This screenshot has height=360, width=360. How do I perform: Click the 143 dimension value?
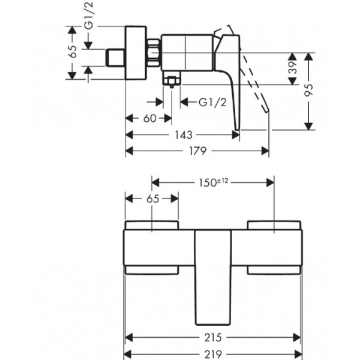[184, 135]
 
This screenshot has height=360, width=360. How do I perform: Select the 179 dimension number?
[197, 151]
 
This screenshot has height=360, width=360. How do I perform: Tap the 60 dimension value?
[149, 118]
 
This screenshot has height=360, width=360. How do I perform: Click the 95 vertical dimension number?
[309, 90]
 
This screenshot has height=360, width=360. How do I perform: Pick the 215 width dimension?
[213, 337]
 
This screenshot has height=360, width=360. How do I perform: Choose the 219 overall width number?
[213, 354]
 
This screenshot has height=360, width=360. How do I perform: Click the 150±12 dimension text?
[213, 183]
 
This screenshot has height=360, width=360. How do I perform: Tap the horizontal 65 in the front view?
[152, 199]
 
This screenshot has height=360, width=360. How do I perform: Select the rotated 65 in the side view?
[73, 52]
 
